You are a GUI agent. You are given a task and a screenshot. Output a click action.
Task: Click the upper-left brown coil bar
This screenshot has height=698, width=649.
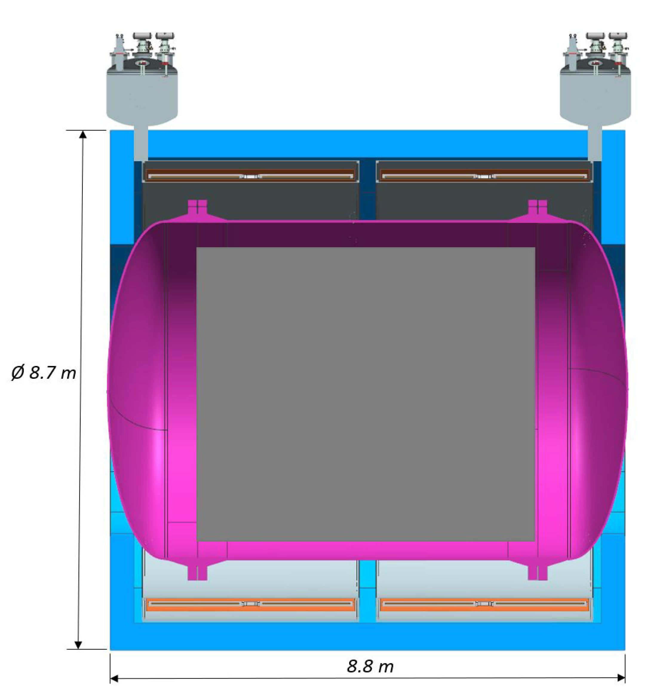click(251, 175)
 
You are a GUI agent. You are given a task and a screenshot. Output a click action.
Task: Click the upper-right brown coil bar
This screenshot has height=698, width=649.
click(485, 175)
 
